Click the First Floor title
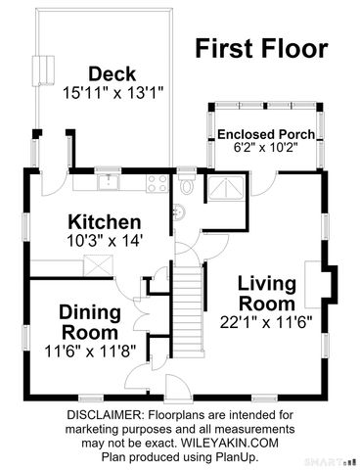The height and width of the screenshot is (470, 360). (x=261, y=48)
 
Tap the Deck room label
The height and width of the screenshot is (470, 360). (x=112, y=74)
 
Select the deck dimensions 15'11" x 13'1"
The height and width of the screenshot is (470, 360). (x=112, y=93)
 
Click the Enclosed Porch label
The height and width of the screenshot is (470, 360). (x=266, y=134)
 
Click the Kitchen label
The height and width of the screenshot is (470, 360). (x=105, y=222)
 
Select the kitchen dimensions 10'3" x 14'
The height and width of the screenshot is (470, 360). (x=105, y=241)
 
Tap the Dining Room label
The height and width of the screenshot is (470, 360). (x=90, y=322)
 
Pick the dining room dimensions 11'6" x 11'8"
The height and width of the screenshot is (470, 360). (x=90, y=352)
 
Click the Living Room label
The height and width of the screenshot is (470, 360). (x=267, y=294)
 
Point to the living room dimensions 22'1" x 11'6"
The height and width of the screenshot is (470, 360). (x=266, y=323)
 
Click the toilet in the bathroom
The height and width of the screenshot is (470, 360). (x=187, y=184)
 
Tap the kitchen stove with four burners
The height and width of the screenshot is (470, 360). (x=157, y=183)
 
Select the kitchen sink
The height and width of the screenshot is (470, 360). (x=109, y=182)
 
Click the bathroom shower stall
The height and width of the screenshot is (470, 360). (x=226, y=188)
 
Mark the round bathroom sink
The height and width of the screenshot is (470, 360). (x=178, y=212)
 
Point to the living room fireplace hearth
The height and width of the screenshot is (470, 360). (x=313, y=285)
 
